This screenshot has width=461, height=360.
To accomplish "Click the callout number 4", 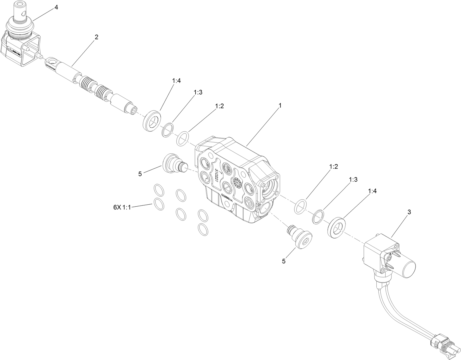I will coord(56,7).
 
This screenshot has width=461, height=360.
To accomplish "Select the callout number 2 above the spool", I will coord(96,37).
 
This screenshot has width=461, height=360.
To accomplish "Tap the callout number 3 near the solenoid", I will coord(409,212).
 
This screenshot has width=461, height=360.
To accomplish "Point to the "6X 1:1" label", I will coord(122,207).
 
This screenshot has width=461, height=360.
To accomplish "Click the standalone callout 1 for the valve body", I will coord(280,105).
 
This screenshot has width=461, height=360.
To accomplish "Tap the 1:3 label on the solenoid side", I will coord(353,179).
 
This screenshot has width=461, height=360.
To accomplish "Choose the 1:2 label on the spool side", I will coord(219,106).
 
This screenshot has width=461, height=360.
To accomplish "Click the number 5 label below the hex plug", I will coord(284,261).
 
